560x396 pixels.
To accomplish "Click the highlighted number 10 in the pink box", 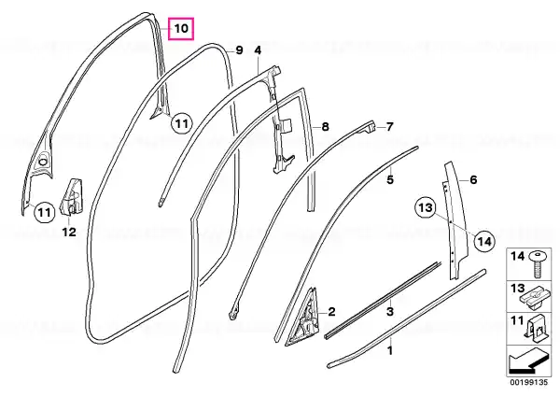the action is click(181, 28).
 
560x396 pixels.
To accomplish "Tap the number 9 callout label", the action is click(239, 50).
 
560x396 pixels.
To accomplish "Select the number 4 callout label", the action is click(258, 50).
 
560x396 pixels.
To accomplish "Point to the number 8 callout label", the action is click(325, 126).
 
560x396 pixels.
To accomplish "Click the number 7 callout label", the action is click(389, 126).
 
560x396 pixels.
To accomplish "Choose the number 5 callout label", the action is click(390, 179).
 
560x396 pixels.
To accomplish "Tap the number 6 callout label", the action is click(473, 179).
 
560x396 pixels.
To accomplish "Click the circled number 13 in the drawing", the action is click(426, 207).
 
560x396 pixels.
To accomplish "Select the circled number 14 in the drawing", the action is click(485, 242).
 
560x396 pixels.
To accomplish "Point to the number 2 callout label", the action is click(331, 312).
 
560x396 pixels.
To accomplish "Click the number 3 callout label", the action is click(390, 311).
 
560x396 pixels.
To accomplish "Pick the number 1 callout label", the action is click(390, 350).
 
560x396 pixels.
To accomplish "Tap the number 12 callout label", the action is click(69, 233).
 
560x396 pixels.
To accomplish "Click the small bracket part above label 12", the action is click(72, 197).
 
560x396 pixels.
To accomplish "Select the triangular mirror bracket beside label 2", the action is click(302, 318).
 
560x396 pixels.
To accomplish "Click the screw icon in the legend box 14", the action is click(536, 264).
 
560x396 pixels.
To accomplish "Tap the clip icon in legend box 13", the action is click(534, 298).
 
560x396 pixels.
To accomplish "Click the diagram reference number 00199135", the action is click(528, 383).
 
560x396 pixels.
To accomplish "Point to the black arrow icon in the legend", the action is click(528, 361).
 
